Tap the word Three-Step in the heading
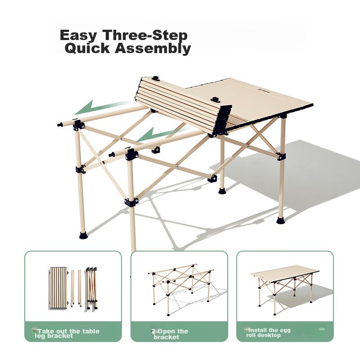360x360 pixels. click(x=144, y=35)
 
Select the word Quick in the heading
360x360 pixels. click(x=87, y=48)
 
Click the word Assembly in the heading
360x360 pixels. click(x=153, y=49)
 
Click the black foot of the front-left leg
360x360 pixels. click(x=83, y=235)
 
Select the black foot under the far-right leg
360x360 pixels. click(x=281, y=220)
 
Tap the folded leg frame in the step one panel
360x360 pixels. click(x=91, y=288)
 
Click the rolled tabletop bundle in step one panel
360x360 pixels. click(x=58, y=288)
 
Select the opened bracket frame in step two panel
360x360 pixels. click(x=181, y=289)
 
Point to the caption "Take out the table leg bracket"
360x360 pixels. click(x=67, y=333)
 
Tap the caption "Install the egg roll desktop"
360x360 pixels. click(x=268, y=333)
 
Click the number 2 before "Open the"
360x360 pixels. click(x=153, y=331)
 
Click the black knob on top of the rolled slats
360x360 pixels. click(x=155, y=78)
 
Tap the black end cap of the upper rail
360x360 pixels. click(x=60, y=125)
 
